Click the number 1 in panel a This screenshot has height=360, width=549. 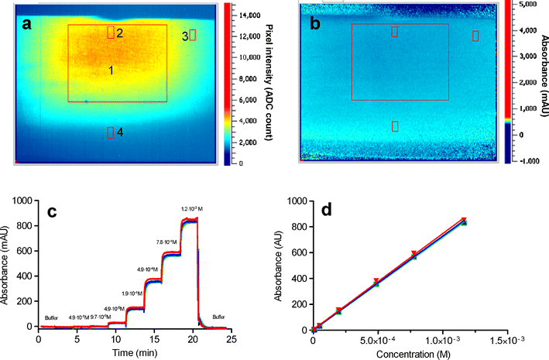point(112,70)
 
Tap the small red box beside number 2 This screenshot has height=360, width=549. point(111,32)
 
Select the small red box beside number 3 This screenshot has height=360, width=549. point(193,35)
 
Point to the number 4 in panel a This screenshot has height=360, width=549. point(120,132)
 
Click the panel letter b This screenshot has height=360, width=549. point(315,23)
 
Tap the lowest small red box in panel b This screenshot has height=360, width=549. point(395,126)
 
